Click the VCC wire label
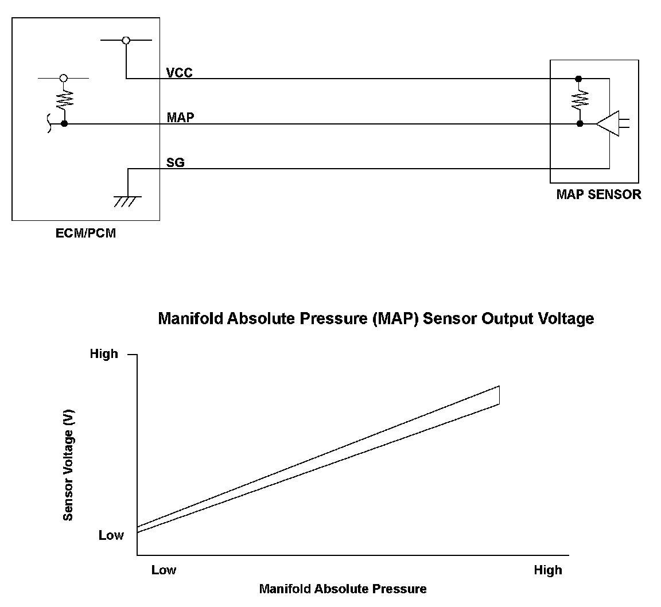pyautogui.click(x=179, y=73)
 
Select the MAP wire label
pyautogui.click(x=180, y=118)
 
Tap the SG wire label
pyautogui.click(x=175, y=163)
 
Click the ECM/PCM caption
pyautogui.click(x=85, y=233)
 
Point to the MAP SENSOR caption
pyautogui.click(x=598, y=194)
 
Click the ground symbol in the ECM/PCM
pyautogui.click(x=127, y=201)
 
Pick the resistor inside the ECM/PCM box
pyautogui.click(x=64, y=101)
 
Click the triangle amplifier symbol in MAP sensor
pyautogui.click(x=608, y=123)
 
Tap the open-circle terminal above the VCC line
pyautogui.click(x=126, y=40)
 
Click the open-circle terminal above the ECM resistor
pyautogui.click(x=64, y=77)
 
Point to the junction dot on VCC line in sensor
pyautogui.click(x=578, y=79)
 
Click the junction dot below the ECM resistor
pyautogui.click(x=64, y=123)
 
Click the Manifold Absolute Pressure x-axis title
pyautogui.click(x=343, y=589)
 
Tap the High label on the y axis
pyautogui.click(x=104, y=354)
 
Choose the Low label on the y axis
pyautogui.click(x=111, y=535)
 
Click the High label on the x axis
pyautogui.click(x=547, y=570)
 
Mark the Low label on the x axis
pyautogui.click(x=164, y=570)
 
